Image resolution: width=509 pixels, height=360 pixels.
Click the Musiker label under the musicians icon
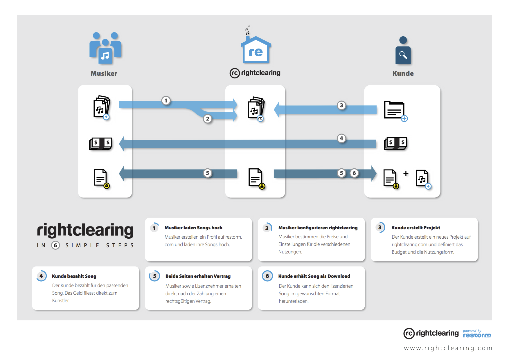point(104,73)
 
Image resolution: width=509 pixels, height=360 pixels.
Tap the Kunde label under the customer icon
point(403,73)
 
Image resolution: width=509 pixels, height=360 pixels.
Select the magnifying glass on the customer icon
point(403,55)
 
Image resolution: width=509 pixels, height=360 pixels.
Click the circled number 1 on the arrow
point(166,101)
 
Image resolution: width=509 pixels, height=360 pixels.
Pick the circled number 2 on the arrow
point(207,118)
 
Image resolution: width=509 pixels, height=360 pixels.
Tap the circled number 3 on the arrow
point(341,105)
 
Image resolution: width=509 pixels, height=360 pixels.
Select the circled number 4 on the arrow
point(341,138)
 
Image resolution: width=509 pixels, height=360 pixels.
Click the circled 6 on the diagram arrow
point(354,173)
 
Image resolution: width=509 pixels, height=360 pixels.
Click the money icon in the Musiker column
point(101,143)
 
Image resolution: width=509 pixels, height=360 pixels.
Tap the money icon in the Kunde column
point(396,143)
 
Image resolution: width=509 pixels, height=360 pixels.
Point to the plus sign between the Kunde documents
point(406,174)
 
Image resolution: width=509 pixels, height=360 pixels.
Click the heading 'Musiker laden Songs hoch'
point(193,228)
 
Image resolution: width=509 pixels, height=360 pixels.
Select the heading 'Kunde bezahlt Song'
point(74,276)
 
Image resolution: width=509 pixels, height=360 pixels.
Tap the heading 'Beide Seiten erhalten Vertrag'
point(198,276)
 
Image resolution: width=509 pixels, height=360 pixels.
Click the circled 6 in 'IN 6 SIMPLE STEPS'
point(55,245)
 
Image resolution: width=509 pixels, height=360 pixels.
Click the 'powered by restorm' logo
point(477,334)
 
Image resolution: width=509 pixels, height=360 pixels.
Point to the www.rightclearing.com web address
point(448,348)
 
